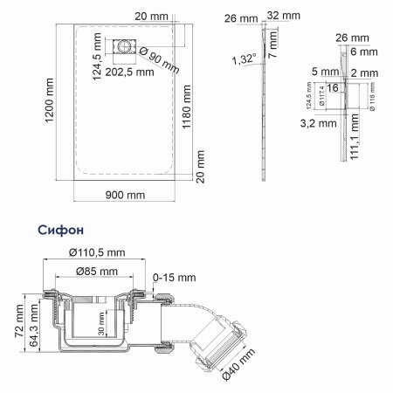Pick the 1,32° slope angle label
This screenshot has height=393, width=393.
coord(245,59)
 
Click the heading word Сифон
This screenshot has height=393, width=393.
coord(62,230)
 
